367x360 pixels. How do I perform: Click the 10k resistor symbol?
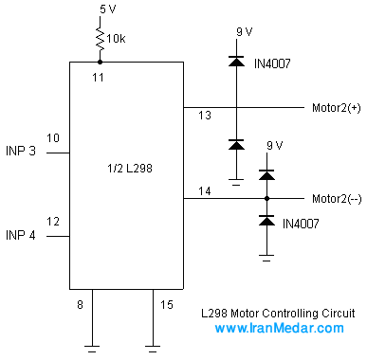pos(101,39)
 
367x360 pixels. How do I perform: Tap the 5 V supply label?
pos(108,9)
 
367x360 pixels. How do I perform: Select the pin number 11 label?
pos(98,77)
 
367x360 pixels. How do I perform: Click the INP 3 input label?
pos(21,151)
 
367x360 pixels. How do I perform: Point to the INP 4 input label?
pos(21,235)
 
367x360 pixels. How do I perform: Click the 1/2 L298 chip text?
pos(130,169)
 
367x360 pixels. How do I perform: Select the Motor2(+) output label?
pos(337,108)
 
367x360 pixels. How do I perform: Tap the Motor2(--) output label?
pos(337,199)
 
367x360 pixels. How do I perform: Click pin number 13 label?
pos(205,116)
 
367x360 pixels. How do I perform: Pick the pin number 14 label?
pos(205,191)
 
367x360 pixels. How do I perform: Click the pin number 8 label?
pos(80,305)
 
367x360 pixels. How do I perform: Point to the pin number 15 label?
pos(167,305)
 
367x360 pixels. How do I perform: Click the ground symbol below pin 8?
pos(92,349)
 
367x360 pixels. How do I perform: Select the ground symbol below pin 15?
pos(153,349)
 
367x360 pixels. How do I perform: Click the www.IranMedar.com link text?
pos(279,328)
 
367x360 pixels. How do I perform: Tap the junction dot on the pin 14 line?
pos(266,198)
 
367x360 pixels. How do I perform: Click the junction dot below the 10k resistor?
pos(100,62)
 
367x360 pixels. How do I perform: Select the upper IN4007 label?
pos(272,63)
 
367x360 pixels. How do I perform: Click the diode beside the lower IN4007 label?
pos(266,221)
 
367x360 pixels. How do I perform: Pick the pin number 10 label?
pos(53,138)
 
